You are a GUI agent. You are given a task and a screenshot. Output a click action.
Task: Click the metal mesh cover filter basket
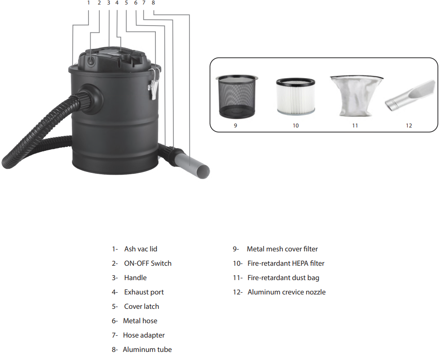(236, 97)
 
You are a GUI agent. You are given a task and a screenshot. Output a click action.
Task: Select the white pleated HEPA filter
(295, 96)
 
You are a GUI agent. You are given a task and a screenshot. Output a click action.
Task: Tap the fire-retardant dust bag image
(355, 95)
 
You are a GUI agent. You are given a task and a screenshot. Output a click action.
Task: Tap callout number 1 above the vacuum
(88, 3)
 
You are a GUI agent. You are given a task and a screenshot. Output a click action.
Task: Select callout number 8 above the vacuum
(153, 3)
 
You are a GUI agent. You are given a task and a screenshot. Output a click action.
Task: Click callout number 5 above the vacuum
(126, 3)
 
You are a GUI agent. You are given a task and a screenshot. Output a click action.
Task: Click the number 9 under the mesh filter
(235, 126)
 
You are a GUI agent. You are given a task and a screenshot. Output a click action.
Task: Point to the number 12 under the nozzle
(409, 126)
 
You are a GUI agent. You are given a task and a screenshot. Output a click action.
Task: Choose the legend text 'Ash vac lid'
(141, 249)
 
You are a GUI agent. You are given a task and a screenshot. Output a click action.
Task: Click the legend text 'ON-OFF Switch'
(147, 263)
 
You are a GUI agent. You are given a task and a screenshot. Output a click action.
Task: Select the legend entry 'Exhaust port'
(144, 292)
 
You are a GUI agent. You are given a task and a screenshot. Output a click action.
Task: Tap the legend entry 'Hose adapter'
(144, 335)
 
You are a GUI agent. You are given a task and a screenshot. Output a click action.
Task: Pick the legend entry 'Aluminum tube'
(147, 350)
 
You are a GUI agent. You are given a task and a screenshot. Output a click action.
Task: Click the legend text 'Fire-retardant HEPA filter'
(286, 263)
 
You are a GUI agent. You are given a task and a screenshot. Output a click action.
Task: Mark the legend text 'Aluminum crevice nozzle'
(286, 292)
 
